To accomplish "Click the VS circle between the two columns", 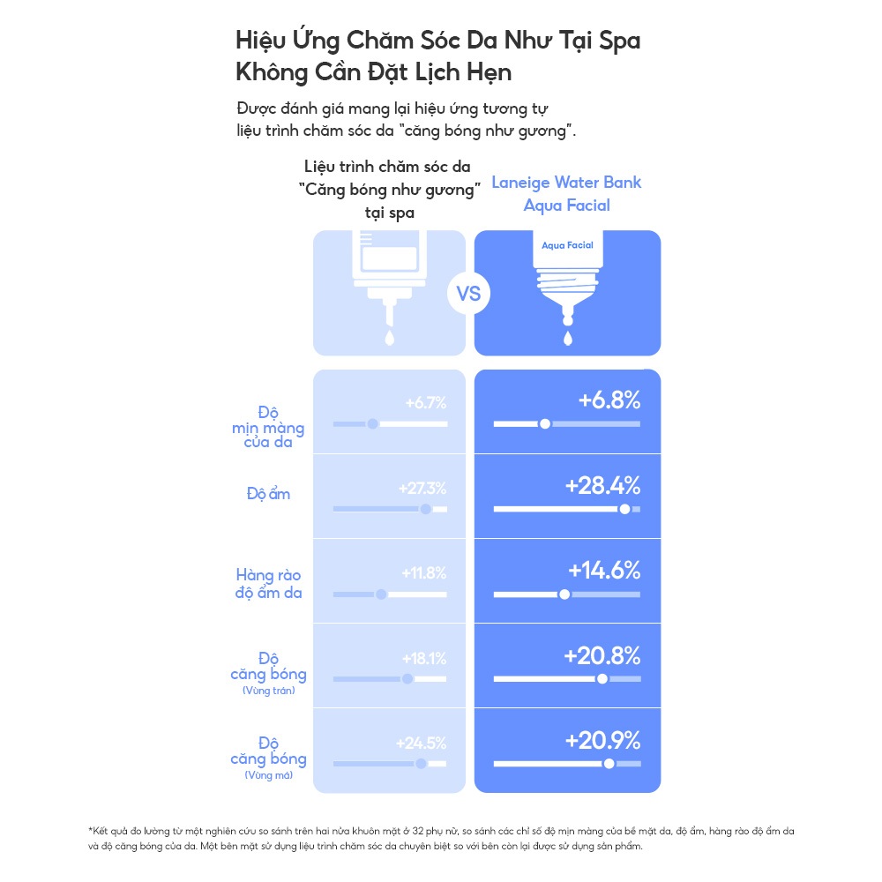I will tap(469, 293).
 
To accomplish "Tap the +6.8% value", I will tap(609, 400).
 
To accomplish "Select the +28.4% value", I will tap(603, 486).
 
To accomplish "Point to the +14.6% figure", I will tap(604, 571).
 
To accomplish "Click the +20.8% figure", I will tap(602, 655).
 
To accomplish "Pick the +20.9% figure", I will tap(602, 740).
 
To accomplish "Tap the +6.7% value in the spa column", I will tap(426, 403).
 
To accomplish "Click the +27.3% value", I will tap(422, 488).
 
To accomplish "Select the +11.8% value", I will tap(424, 573).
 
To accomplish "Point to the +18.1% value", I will tap(424, 658).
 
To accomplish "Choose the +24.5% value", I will tap(422, 743).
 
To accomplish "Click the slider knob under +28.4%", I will tap(625, 509).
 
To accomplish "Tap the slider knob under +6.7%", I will tap(373, 424).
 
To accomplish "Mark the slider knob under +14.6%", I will tap(565, 594).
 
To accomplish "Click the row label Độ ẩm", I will tap(268, 494).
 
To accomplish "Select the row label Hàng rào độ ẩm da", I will tap(268, 584).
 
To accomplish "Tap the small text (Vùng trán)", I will tap(268, 691).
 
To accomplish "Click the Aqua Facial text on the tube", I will tap(567, 245).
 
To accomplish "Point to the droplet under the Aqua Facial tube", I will tap(567, 338).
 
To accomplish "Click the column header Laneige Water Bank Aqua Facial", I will tap(566, 194).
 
